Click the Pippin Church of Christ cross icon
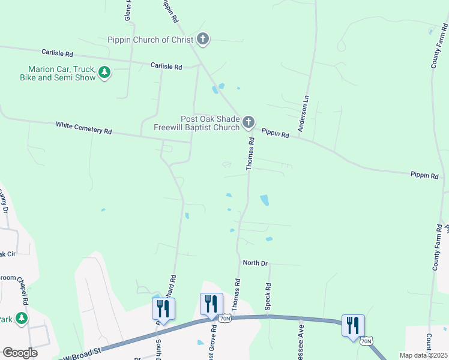click(203, 40)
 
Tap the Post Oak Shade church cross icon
click(248, 123)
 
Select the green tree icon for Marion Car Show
click(105, 73)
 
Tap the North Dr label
click(255, 263)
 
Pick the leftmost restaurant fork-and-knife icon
click(163, 308)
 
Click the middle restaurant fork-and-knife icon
click(211, 304)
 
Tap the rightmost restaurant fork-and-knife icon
click(352, 325)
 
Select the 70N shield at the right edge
click(367, 341)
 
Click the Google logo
click(20, 353)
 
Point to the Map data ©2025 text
click(423, 355)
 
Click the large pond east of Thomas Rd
click(264, 200)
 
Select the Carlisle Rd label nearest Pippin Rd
click(166, 67)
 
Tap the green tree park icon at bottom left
click(22, 317)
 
